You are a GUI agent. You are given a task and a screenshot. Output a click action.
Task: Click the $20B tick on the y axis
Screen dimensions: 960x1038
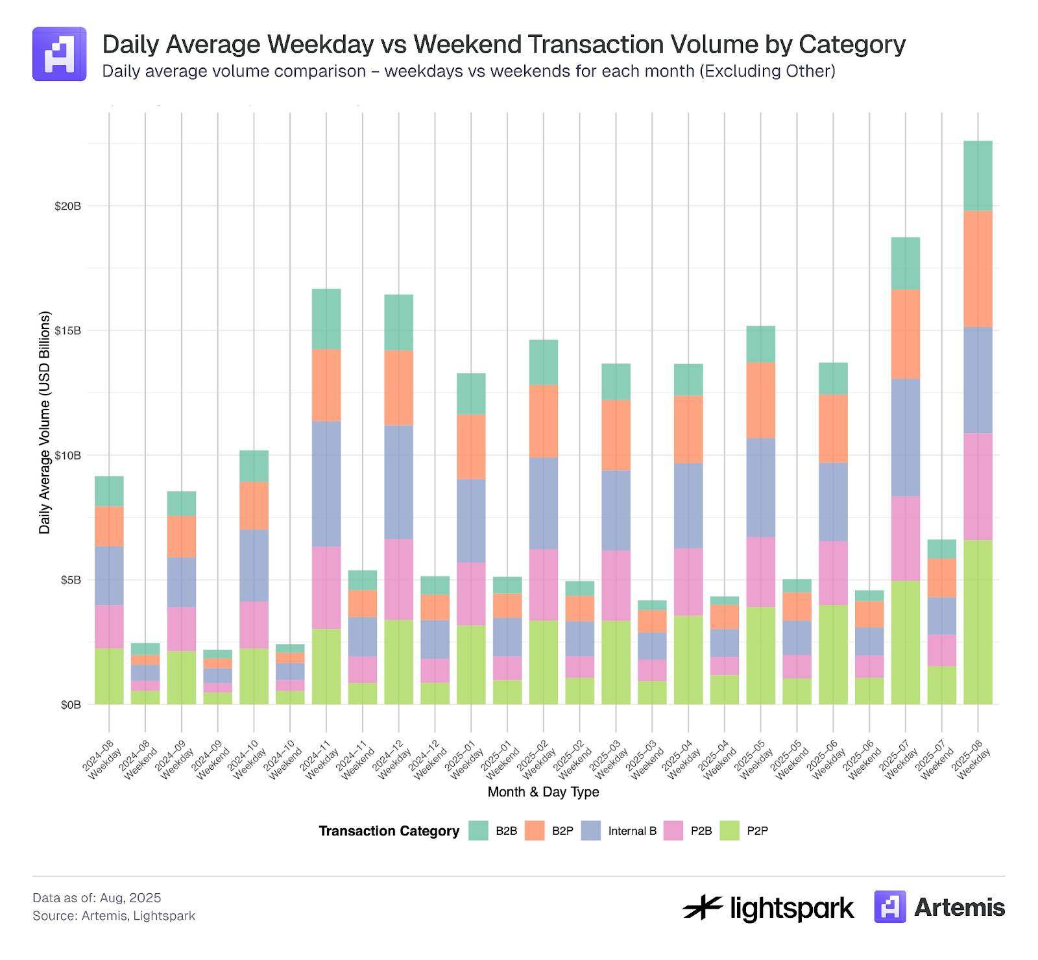67,206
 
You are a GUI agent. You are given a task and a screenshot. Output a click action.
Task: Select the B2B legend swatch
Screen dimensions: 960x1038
478,831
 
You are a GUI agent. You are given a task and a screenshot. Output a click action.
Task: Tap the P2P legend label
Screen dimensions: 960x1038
757,831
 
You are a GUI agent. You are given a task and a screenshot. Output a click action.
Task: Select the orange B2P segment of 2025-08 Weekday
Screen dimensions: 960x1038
978,269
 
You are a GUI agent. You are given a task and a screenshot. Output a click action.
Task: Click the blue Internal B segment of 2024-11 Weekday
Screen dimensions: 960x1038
326,484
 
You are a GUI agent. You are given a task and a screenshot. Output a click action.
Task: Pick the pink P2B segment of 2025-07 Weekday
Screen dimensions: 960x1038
905,538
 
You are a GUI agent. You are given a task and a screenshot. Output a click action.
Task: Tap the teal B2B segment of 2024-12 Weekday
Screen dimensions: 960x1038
398,322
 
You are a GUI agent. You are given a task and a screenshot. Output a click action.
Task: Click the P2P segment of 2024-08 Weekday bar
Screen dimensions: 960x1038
109,676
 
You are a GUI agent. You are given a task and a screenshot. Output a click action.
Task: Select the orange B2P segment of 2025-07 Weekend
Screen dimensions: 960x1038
941,578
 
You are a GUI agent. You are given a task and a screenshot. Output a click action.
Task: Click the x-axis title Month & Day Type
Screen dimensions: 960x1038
543,792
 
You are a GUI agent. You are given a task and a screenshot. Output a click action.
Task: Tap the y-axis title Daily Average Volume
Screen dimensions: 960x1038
44,422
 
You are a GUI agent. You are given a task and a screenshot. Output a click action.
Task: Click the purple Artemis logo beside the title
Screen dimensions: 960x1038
59,54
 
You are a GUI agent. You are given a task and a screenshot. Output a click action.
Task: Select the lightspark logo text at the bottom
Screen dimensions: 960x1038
791,907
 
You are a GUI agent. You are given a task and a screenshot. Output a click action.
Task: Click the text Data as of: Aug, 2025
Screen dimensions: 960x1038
97,898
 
